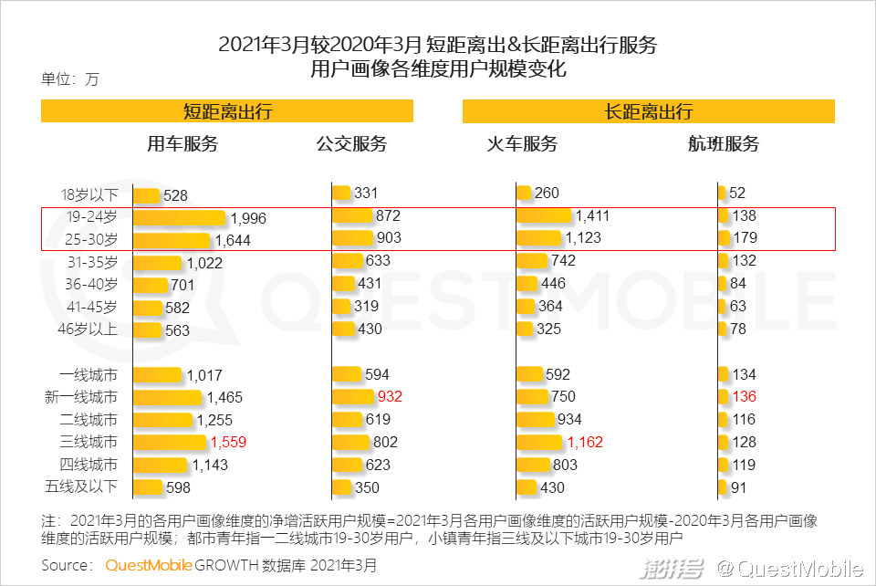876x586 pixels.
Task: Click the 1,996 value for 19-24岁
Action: click(248, 219)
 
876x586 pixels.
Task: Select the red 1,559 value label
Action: click(228, 443)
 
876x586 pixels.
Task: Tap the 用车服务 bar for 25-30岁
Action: click(172, 240)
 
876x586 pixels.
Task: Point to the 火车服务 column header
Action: click(521, 144)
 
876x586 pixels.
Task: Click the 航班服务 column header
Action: click(724, 144)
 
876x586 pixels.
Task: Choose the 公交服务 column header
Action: click(352, 144)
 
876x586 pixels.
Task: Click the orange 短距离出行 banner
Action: click(227, 111)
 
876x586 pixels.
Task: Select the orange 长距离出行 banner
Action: click(649, 111)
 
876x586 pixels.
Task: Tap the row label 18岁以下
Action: click(89, 194)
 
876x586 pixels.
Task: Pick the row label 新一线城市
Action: click(81, 397)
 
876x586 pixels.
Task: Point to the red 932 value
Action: click(389, 397)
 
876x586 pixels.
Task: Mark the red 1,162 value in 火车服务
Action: click(586, 443)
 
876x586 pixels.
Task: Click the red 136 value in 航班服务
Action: click(745, 397)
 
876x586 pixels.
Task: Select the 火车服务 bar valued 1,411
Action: click(545, 216)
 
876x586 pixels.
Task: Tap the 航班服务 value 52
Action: click(737, 194)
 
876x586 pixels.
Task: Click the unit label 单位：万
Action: click(70, 79)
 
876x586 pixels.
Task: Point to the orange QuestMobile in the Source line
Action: click(149, 565)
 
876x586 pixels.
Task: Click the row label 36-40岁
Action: click(91, 285)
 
